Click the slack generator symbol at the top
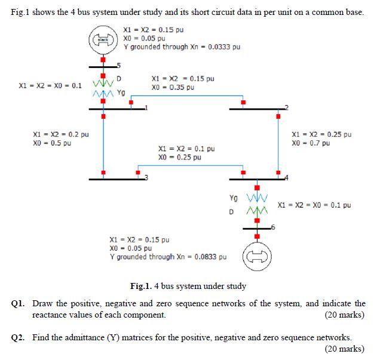[103, 39]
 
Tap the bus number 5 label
[118, 66]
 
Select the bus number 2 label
[286, 107]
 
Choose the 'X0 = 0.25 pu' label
[179, 158]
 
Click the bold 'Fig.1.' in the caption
[142, 286]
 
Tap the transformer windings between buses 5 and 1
[103, 88]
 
